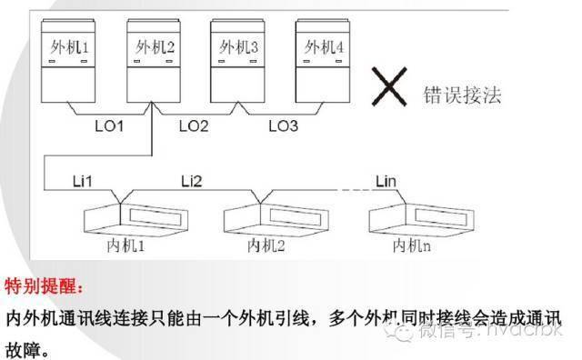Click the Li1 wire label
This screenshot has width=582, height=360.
[84, 181]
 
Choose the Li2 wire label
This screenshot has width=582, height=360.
[194, 181]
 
